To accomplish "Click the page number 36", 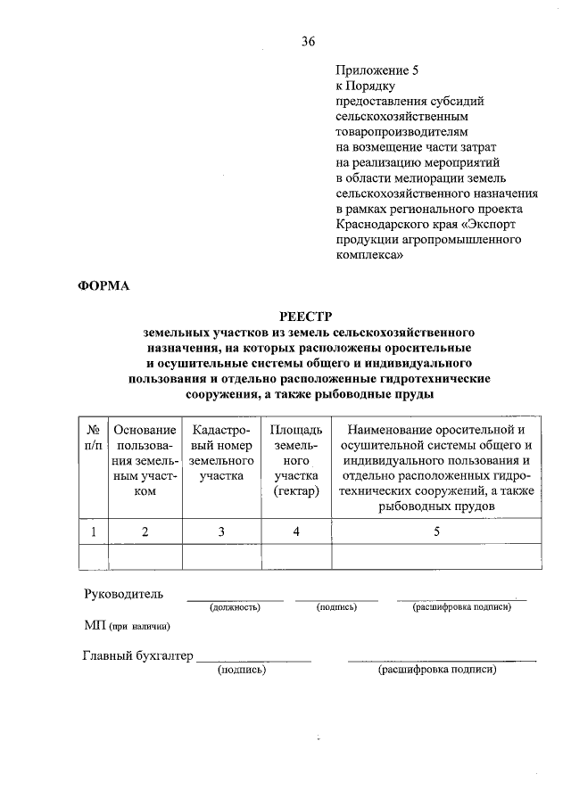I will click(x=308, y=40).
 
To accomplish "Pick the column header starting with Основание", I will click(x=145, y=460).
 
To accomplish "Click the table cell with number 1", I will click(x=93, y=532).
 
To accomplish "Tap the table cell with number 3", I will click(x=221, y=532).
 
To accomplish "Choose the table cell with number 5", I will click(x=436, y=532).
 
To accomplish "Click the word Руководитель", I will click(x=124, y=594).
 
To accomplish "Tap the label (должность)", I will click(x=235, y=607).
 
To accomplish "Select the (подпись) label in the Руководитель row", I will click(x=336, y=607).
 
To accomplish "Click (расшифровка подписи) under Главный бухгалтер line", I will click(x=436, y=669).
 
